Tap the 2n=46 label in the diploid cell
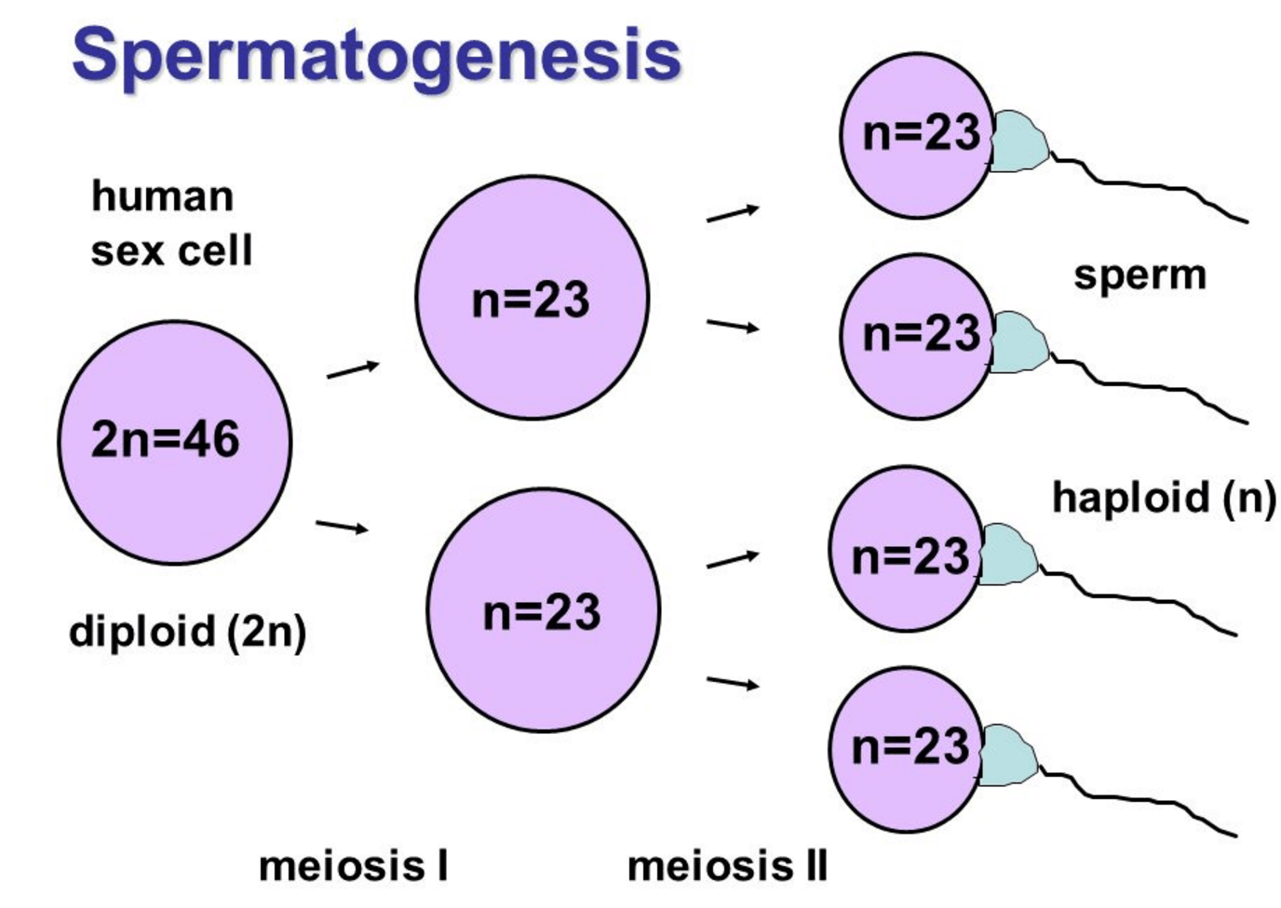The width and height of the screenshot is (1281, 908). (166, 439)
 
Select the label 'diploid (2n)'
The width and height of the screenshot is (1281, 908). (187, 632)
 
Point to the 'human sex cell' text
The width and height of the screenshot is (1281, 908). (171, 223)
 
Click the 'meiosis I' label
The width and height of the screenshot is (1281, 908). (353, 866)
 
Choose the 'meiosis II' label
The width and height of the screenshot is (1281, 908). (727, 866)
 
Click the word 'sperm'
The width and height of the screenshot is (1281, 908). (1139, 274)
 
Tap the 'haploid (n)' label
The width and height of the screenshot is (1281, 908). (1164, 497)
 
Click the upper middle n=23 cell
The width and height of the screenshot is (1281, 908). (532, 298)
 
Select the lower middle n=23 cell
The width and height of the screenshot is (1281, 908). (543, 610)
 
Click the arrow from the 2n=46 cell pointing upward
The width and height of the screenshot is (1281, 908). (353, 369)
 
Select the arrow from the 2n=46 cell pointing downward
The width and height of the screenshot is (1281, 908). (342, 527)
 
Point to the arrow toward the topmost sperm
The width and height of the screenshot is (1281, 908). (733, 214)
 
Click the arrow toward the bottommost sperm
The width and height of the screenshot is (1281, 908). (733, 684)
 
